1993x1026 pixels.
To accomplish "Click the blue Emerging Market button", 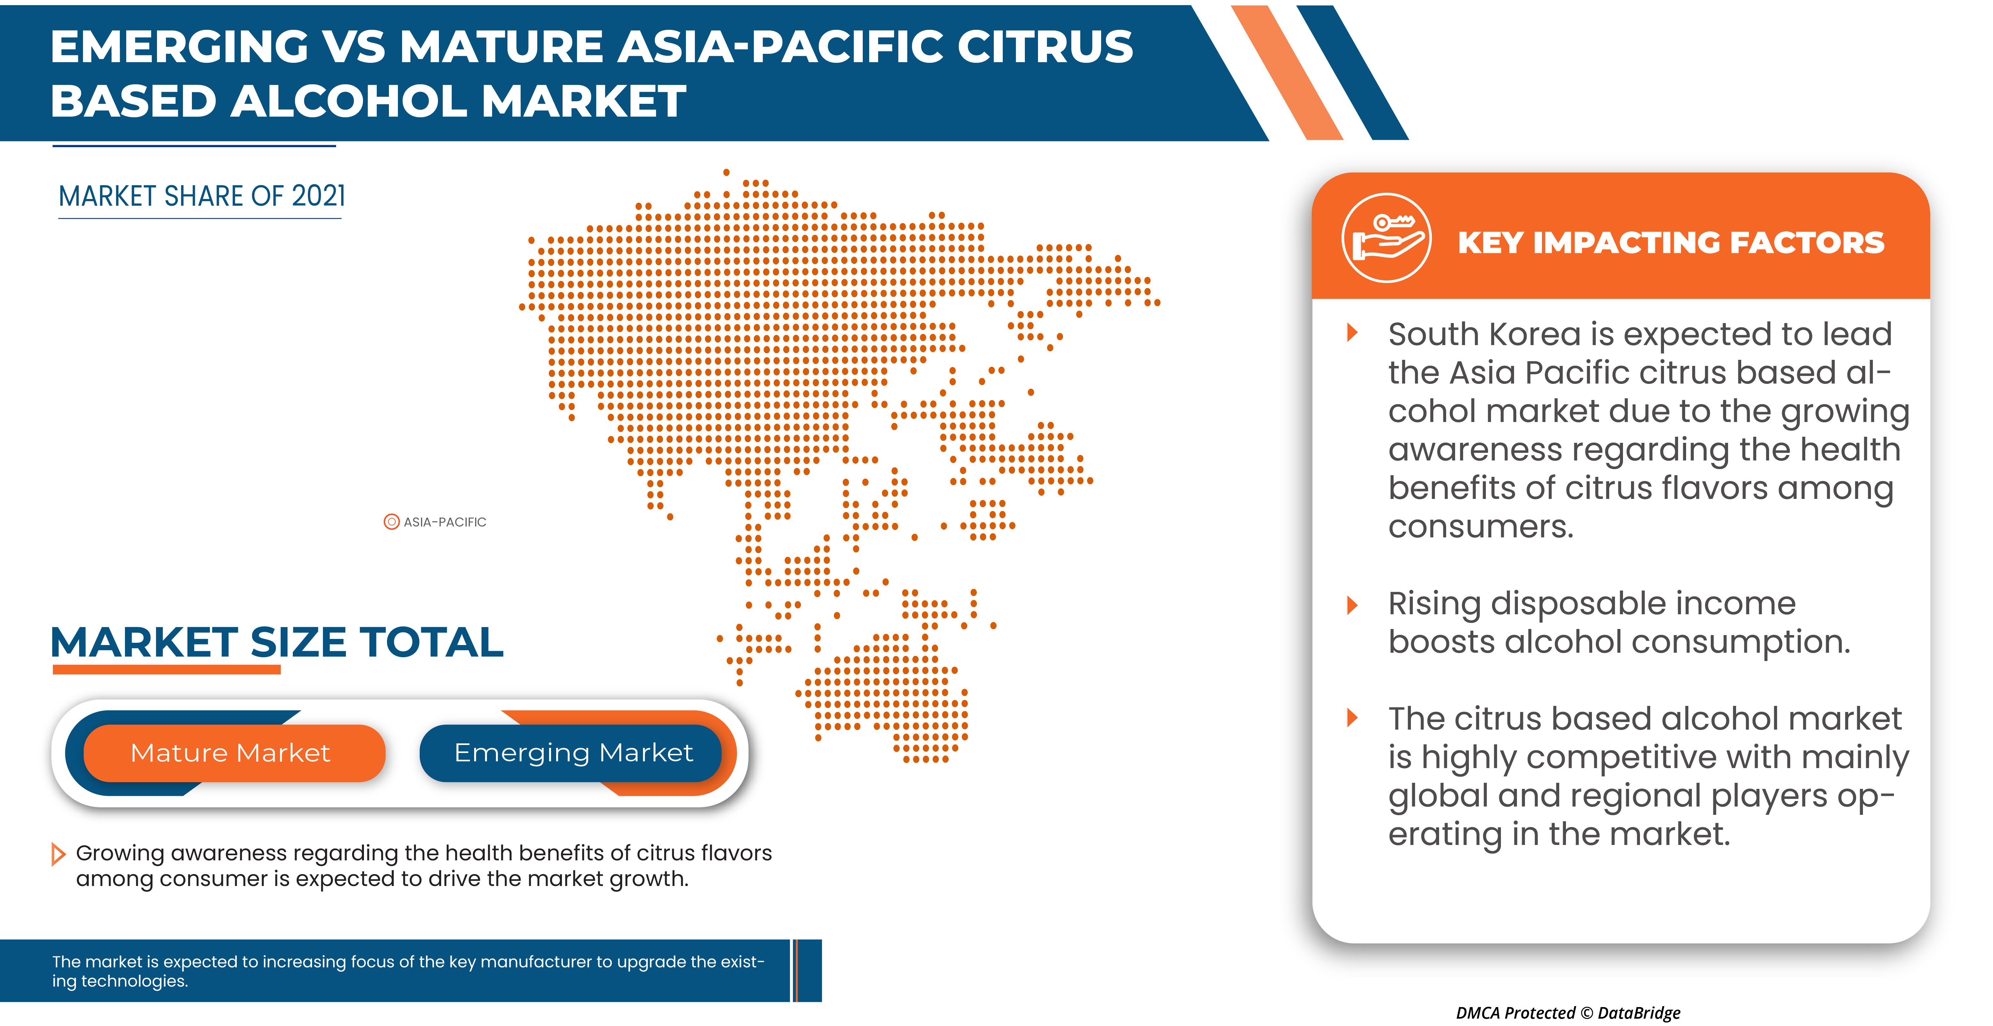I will pos(572,753).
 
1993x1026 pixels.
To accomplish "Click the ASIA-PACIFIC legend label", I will pos(445,522).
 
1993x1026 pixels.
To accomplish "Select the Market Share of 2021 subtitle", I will pos(202,196).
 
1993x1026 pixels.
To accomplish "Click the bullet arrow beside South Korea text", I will pos(1352,333).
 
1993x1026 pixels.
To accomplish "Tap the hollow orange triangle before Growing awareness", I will pos(57,854).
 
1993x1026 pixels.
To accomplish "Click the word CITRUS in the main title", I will pos(1044,46).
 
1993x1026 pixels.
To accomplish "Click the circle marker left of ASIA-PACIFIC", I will pos(391,522).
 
